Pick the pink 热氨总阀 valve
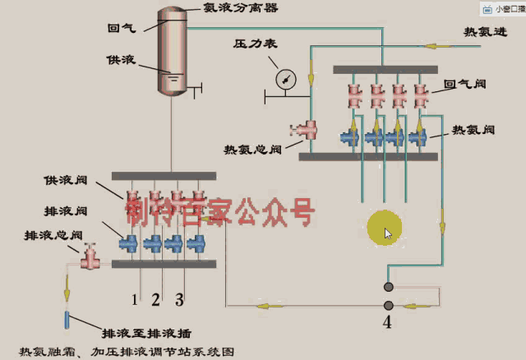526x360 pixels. pyautogui.click(x=307, y=128)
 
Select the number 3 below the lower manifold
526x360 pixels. pyautogui.click(x=180, y=297)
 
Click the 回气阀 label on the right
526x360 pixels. pyautogui.click(x=465, y=83)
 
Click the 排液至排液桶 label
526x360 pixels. pyautogui.click(x=146, y=334)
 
